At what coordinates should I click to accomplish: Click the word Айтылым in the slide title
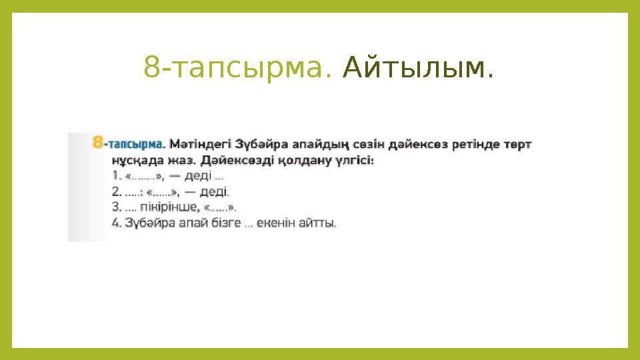[418, 67]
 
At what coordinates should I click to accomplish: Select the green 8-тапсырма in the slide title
[237, 67]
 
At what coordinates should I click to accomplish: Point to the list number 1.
[115, 176]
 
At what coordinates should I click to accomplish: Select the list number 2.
[115, 192]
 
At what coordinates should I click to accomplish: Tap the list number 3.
[115, 207]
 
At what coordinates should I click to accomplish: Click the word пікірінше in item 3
[167, 207]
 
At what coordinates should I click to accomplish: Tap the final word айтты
[319, 224]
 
